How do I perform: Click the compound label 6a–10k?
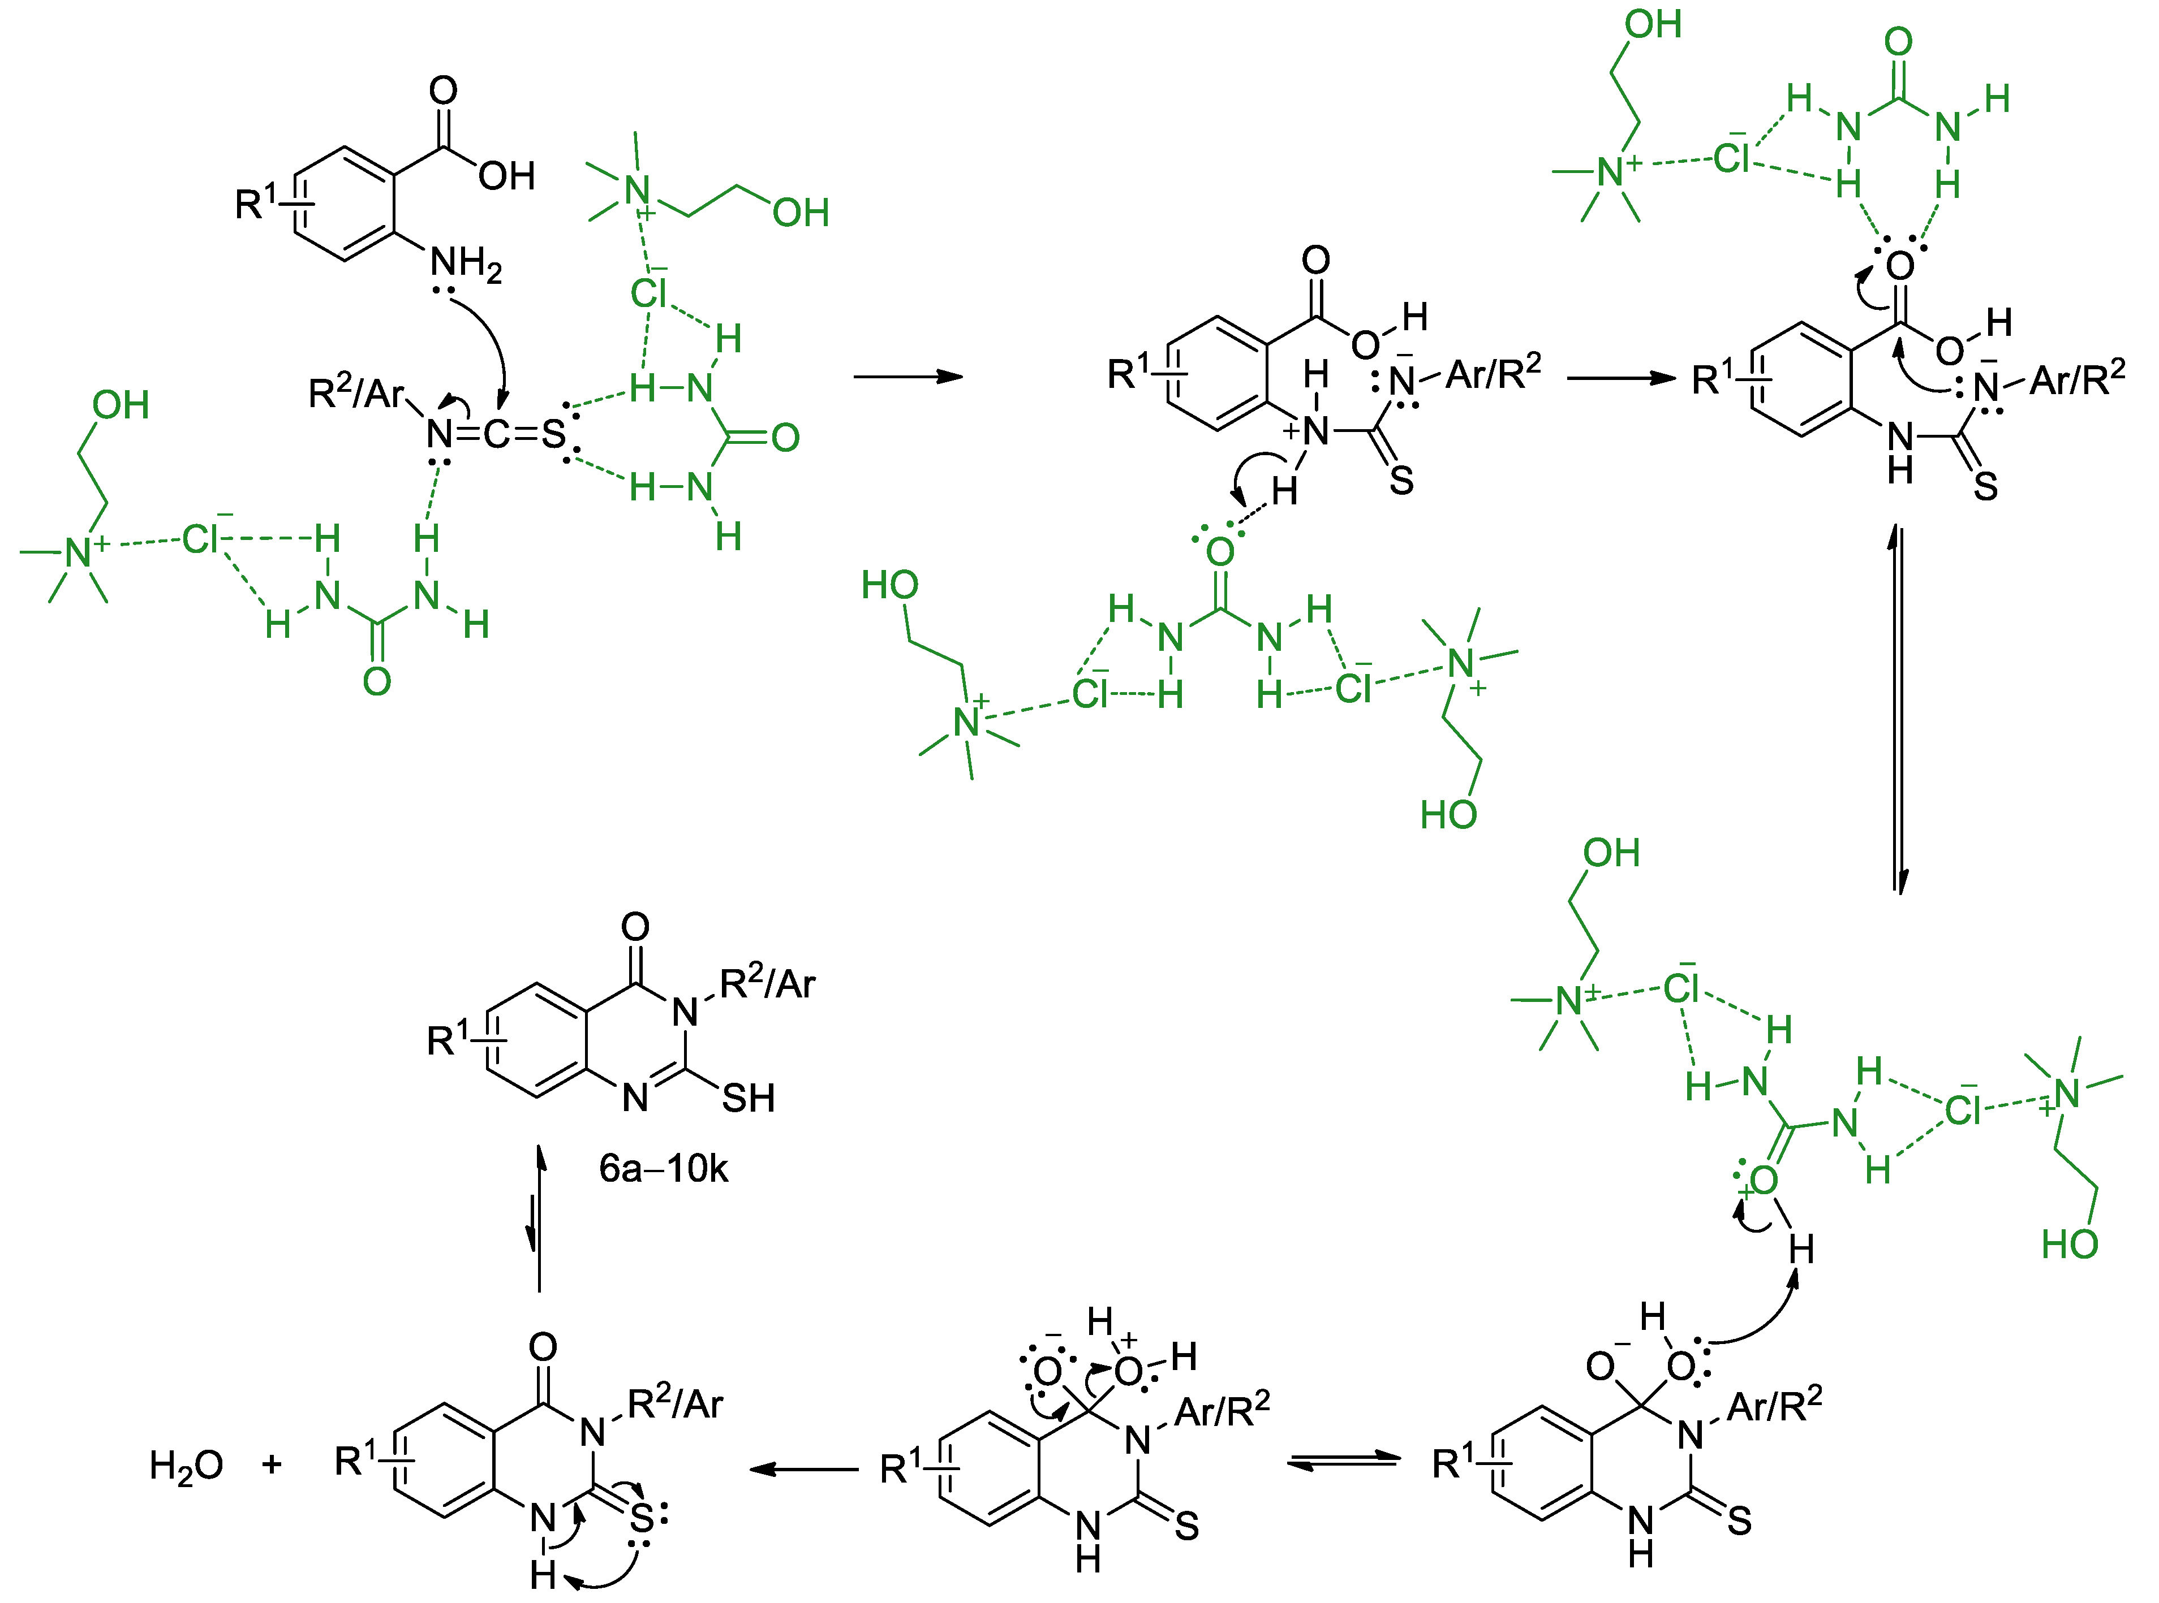pyautogui.click(x=663, y=1168)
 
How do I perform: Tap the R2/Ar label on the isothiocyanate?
pyautogui.click(x=355, y=393)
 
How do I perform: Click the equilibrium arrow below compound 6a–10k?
pyautogui.click(x=536, y=1219)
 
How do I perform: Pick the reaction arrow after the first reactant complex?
pyautogui.click(x=908, y=377)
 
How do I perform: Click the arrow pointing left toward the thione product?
pyautogui.click(x=804, y=1469)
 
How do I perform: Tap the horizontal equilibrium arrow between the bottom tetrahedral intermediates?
pyautogui.click(x=1344, y=1461)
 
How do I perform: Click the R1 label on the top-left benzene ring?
pyautogui.click(x=255, y=202)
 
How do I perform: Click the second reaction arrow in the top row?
pyautogui.click(x=1621, y=378)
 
